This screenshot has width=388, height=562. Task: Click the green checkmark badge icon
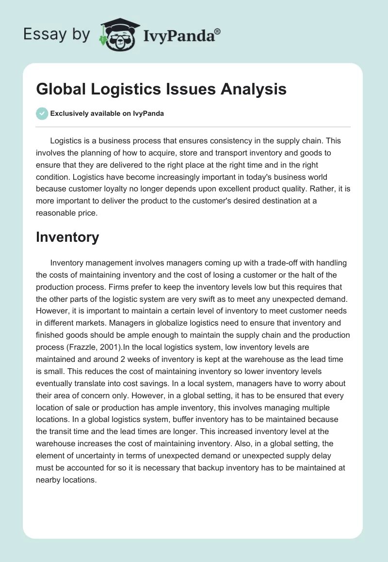coord(42,113)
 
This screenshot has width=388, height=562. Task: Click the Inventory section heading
coord(67,237)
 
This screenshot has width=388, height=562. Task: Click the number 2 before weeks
coord(119,360)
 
